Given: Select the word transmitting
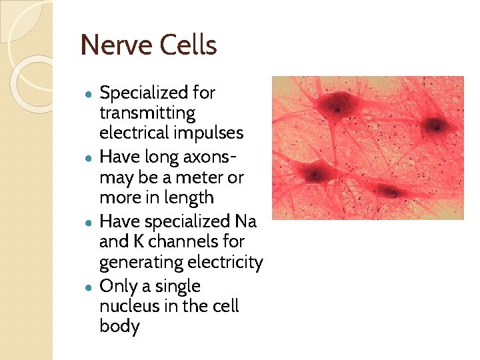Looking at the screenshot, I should coord(147,113).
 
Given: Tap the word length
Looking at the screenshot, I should coord(190,198).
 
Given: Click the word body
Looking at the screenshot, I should coord(119,327).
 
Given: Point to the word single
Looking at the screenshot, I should coord(178,287).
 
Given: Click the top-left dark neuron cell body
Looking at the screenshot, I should coord(341,105).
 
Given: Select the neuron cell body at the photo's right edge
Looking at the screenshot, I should coord(435,124).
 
